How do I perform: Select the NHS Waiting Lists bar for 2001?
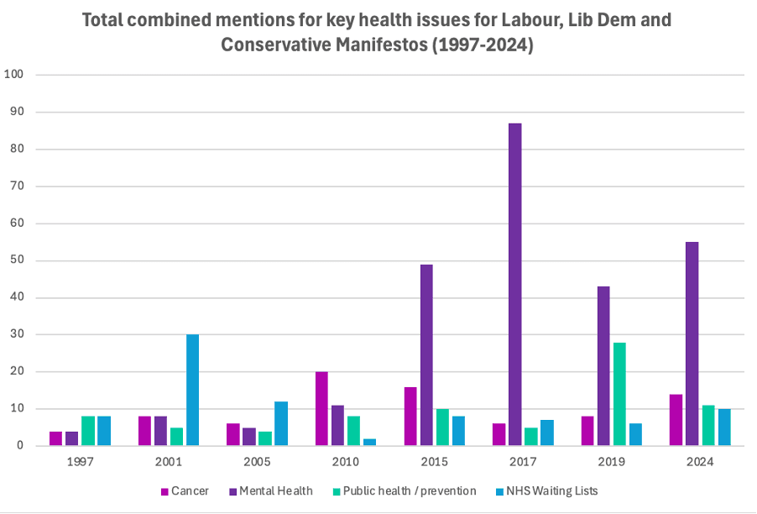pyautogui.click(x=192, y=390)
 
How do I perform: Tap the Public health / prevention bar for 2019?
pyautogui.click(x=619, y=394)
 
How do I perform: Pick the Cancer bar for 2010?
pyautogui.click(x=321, y=408)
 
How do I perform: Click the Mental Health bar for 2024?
pyautogui.click(x=692, y=344)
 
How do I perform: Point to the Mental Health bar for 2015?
pyautogui.click(x=426, y=354)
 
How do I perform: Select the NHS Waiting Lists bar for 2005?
pyautogui.click(x=280, y=423)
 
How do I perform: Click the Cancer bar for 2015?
pyautogui.click(x=410, y=416)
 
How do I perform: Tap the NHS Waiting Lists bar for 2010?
pyautogui.click(x=369, y=442)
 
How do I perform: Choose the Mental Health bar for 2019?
pyautogui.click(x=603, y=366)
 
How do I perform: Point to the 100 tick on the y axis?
pyautogui.click(x=13, y=75)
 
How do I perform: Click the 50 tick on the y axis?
pyautogui.click(x=17, y=260)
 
